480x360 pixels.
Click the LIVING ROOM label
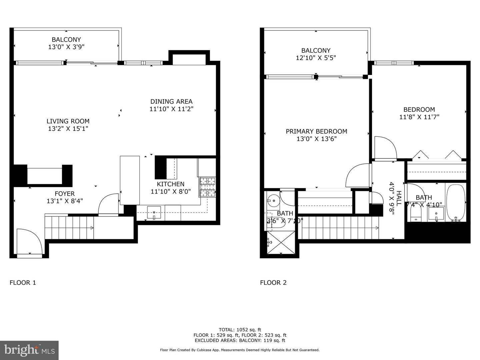68,121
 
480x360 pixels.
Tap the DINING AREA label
171,102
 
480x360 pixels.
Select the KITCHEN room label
170,184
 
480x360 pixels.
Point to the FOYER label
65,194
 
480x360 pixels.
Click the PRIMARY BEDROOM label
316,131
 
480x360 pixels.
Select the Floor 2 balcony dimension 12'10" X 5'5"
316,58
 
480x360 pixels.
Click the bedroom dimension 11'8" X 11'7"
419,117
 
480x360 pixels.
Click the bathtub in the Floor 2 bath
455,203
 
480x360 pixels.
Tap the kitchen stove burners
207,187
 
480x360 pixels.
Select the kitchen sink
154,212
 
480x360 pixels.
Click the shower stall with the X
281,242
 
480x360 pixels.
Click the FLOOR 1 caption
23,283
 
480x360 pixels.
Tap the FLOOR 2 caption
273,283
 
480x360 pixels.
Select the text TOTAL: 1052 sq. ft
240,330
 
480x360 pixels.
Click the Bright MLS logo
29,350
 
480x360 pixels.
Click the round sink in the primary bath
273,201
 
